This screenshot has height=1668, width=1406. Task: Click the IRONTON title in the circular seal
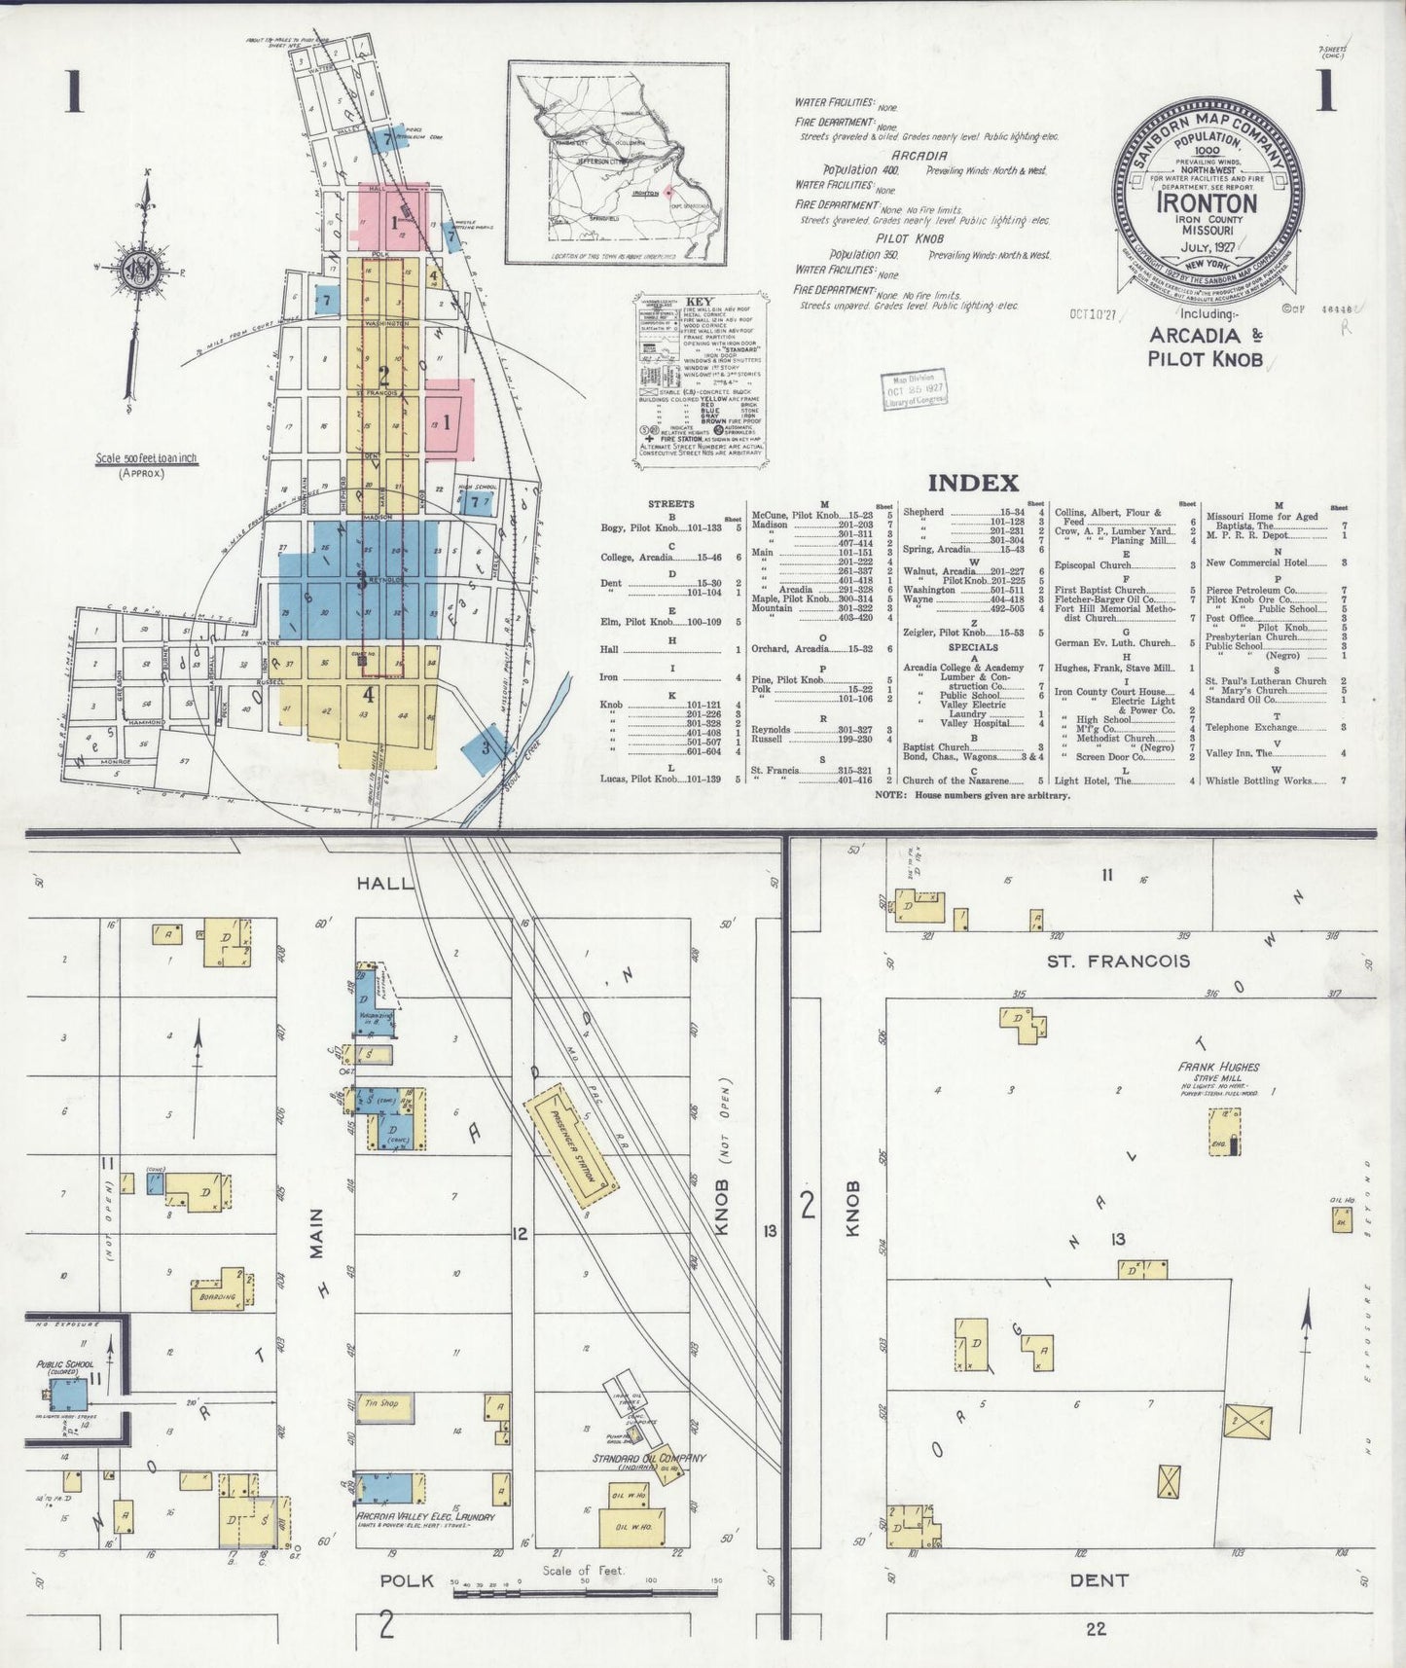(x=1207, y=203)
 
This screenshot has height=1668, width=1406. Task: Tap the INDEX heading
(x=972, y=483)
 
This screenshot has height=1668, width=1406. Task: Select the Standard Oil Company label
(x=650, y=1458)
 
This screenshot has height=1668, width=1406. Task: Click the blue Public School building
(x=69, y=1394)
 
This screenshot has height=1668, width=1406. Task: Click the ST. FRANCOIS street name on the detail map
(x=1118, y=961)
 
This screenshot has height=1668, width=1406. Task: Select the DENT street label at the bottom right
(x=1099, y=1580)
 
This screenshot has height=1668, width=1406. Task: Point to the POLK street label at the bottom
(x=407, y=1580)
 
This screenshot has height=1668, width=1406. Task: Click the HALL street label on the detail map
(x=385, y=882)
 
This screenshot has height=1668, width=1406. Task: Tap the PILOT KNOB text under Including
(x=1205, y=358)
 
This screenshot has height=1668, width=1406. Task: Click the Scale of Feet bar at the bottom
(x=584, y=1593)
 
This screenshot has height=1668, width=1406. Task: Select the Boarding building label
(x=216, y=1296)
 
